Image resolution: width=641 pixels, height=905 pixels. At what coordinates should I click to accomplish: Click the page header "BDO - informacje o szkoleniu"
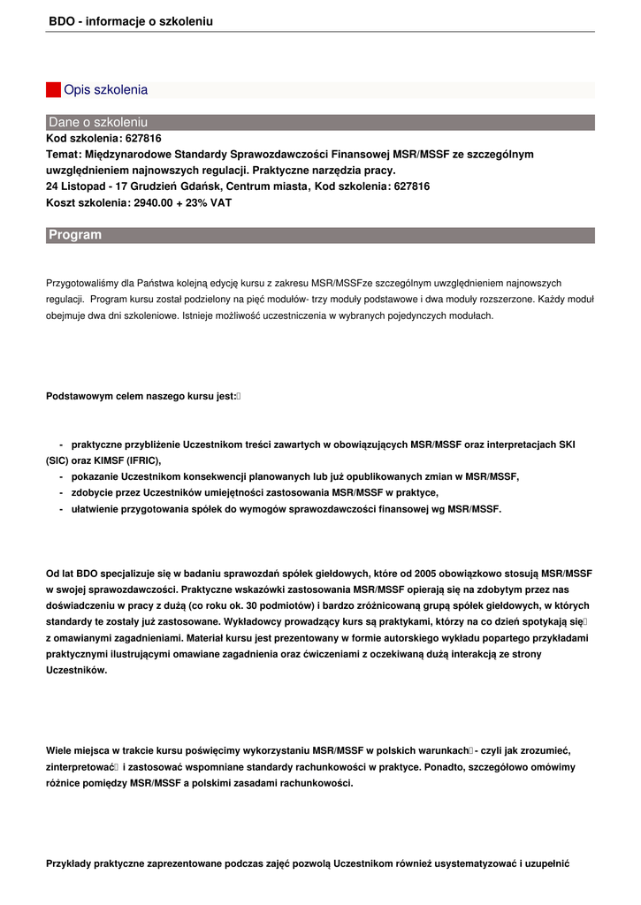(131, 20)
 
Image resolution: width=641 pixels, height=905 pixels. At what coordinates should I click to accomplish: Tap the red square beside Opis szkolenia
(53, 90)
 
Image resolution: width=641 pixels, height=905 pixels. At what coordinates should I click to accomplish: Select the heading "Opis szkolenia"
(105, 90)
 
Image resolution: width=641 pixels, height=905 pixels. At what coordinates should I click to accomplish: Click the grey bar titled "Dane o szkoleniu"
(320, 122)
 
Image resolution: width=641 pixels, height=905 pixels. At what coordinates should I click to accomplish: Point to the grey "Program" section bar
(320, 235)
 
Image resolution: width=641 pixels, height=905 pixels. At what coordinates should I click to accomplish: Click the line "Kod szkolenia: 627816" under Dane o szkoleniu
(103, 139)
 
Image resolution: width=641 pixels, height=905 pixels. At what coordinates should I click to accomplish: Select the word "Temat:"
(64, 155)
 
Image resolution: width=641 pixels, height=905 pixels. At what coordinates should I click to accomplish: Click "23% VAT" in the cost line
(214, 202)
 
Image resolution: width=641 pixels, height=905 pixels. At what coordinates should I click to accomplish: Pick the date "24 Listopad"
(74, 186)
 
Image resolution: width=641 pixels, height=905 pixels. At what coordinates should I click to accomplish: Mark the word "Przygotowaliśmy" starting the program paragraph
(82, 283)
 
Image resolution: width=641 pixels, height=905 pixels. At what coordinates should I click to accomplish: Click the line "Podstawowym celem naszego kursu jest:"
(141, 396)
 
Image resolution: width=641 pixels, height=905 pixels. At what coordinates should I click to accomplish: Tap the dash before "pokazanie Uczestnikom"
(61, 476)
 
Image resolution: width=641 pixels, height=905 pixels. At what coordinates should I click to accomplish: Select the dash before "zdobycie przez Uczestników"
(61, 492)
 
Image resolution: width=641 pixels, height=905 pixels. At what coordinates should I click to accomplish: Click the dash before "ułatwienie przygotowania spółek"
(61, 509)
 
